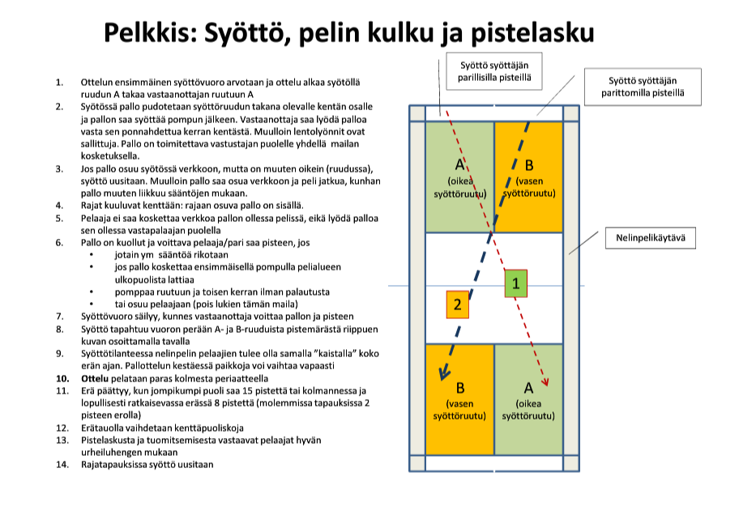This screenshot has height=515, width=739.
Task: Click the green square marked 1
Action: click(x=516, y=283)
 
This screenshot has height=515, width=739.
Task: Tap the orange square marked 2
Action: click(x=458, y=304)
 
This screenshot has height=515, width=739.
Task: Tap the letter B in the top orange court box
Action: click(x=528, y=165)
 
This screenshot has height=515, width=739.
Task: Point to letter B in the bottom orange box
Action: click(x=459, y=387)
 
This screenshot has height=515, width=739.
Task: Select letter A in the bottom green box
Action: click(x=528, y=387)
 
